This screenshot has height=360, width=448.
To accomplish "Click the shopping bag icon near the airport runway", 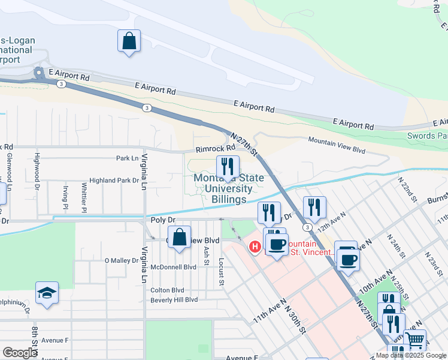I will pyautogui.click(x=129, y=42).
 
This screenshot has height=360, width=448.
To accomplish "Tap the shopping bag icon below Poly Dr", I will pyautogui.click(x=179, y=238).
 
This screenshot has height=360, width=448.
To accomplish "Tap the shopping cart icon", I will pyautogui.click(x=414, y=341).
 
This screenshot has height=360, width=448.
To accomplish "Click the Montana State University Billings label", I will pyautogui.click(x=220, y=189).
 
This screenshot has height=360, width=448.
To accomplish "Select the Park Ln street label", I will pyautogui.click(x=126, y=158).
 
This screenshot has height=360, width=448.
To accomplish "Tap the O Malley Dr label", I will pyautogui.click(x=122, y=260).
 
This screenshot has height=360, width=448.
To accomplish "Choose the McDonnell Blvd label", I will pyautogui.click(x=174, y=267).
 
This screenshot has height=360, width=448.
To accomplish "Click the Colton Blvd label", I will pyautogui.click(x=167, y=290).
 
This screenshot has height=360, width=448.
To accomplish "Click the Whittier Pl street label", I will pyautogui.click(x=84, y=197).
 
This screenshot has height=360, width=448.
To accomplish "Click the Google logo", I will pyautogui.click(x=20, y=353).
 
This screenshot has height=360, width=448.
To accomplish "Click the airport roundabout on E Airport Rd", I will pyautogui.click(x=40, y=74).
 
